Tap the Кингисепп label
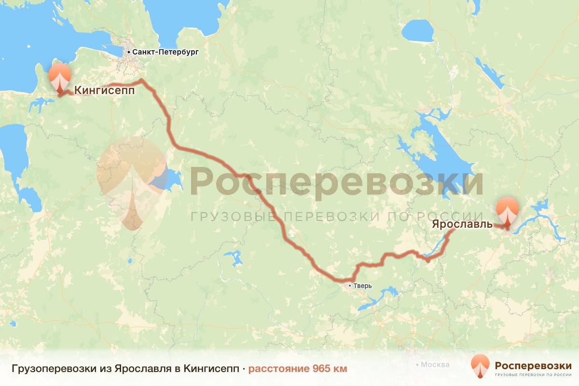(104, 90)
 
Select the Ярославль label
(462, 224)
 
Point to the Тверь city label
(363, 286)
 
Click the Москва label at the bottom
(435, 365)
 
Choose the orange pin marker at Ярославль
(508, 210)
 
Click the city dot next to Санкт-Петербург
(129, 52)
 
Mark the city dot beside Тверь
(351, 286)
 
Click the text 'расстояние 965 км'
(298, 369)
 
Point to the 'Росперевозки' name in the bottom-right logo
(533, 365)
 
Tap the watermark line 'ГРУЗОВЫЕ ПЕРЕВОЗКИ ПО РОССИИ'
(337, 217)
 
